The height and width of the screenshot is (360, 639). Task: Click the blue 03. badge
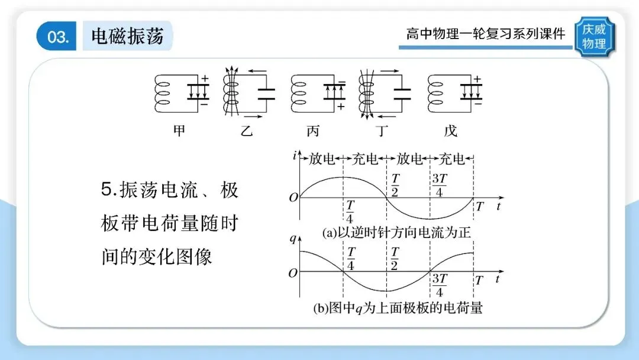pyautogui.click(x=57, y=37)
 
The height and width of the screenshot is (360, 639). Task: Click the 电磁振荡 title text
pyautogui.click(x=127, y=36)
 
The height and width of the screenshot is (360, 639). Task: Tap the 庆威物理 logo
pyautogui.click(x=594, y=37)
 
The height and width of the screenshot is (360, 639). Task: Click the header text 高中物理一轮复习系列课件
pyautogui.click(x=485, y=34)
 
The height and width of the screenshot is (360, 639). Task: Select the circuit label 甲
pyautogui.click(x=178, y=130)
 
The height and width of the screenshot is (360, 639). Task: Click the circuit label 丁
pyautogui.click(x=384, y=130)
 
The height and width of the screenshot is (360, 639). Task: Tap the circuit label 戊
pyautogui.click(x=451, y=130)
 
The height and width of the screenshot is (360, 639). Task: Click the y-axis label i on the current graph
pyautogui.click(x=294, y=157)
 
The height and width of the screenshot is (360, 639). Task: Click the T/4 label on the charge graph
pyautogui.click(x=351, y=258)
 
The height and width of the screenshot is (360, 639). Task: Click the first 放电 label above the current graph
pyautogui.click(x=321, y=159)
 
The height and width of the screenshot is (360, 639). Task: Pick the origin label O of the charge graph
pyautogui.click(x=292, y=273)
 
